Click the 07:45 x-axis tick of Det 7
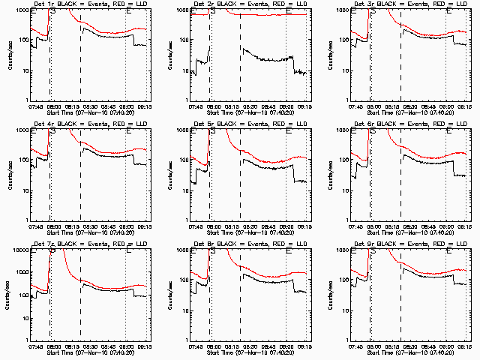(36, 346)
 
